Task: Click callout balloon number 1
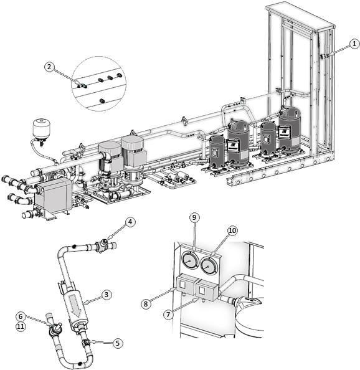tap(354, 44)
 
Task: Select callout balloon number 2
tap(49, 67)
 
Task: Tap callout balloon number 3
tap(107, 295)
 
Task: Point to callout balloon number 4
tap(130, 222)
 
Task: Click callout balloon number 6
tap(21, 316)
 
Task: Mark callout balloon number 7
tap(168, 315)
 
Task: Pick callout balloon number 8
tap(146, 303)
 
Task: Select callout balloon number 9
tap(194, 217)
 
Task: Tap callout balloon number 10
tap(232, 230)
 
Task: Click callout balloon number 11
tap(21, 326)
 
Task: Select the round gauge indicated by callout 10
tap(209, 265)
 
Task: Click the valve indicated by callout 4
tap(103, 245)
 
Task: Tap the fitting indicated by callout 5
tap(85, 342)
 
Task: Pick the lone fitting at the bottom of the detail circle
tap(102, 101)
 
